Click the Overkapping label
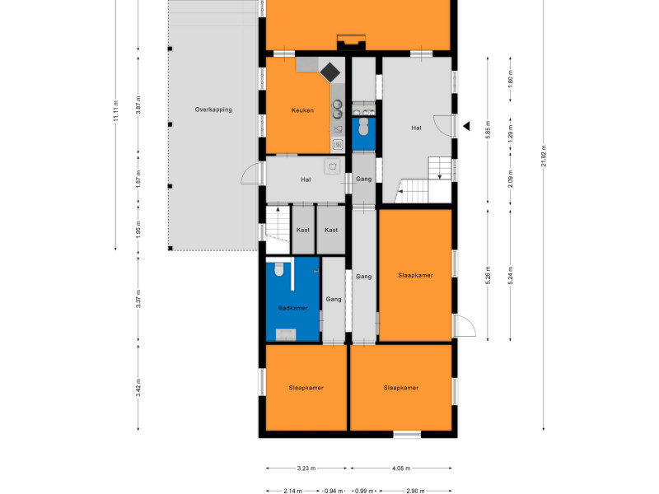tap(213, 110)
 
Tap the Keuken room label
tap(302, 110)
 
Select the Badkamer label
tap(293, 308)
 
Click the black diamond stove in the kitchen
tap(330, 72)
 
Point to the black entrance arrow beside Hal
tap(466, 126)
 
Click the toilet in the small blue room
tap(363, 127)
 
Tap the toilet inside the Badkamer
tap(279, 269)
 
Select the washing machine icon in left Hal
tap(333, 166)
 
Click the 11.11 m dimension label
tap(115, 110)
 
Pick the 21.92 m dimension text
tap(544, 156)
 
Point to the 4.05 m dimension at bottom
tap(401, 468)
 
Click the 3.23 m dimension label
tap(306, 468)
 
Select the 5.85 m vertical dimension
tap(488, 130)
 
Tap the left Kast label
tap(303, 230)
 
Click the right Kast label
tap(331, 230)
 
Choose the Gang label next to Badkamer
tap(334, 299)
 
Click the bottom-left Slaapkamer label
tap(306, 388)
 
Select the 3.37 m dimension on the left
tap(138, 299)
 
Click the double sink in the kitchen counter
tap(337, 109)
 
